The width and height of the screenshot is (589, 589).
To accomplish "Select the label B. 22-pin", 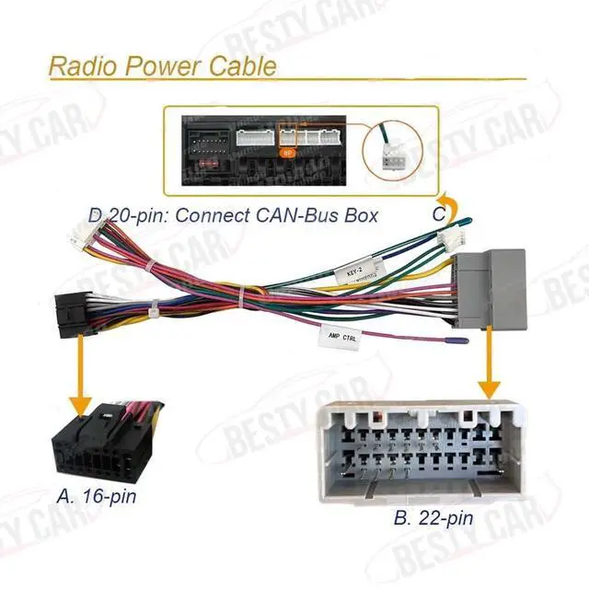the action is point(433,518).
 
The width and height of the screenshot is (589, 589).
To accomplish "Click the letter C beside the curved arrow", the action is point(439,214).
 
